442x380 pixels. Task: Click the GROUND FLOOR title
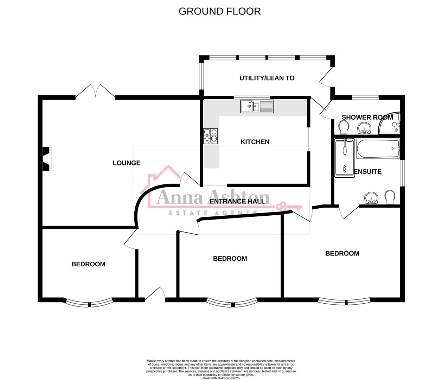pos(220,11)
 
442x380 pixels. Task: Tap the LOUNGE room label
pos(126,163)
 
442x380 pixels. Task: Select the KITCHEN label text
pos(255,142)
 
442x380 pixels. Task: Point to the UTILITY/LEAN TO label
pos(267,78)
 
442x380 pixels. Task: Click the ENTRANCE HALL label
pos(237,201)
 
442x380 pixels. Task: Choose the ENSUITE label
pos(367,172)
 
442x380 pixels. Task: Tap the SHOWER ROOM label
pos(367,117)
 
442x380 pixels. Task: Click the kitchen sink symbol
pos(257,106)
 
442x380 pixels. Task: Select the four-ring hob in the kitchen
pos(210,136)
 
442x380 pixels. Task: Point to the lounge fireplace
pos(46,159)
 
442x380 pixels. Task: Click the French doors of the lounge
pos(95,91)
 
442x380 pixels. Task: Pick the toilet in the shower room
pos(344,127)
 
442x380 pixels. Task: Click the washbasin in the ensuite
pos(371,198)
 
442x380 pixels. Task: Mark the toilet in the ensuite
pos(390,197)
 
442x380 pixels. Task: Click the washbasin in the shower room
pos(364,128)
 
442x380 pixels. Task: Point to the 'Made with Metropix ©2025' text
pos(221,378)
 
